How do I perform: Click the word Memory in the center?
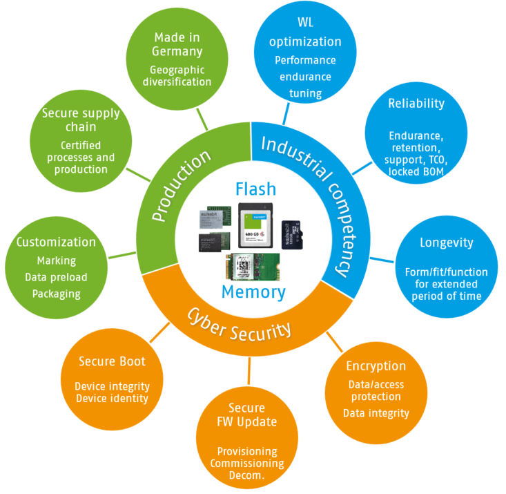[253, 292]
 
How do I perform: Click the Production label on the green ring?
[181, 187]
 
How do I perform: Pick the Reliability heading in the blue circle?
[416, 104]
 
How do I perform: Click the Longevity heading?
[446, 243]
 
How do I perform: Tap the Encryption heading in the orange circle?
[376, 365]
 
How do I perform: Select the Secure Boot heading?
[112, 361]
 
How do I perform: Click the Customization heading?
[56, 242]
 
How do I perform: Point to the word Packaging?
[56, 294]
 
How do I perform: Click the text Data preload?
[56, 277]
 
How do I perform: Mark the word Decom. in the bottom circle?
[246, 476]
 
